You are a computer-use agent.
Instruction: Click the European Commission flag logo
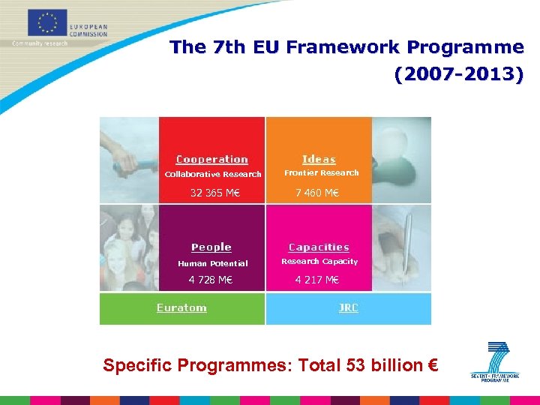[x=47, y=22]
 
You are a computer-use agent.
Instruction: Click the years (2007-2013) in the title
[x=458, y=75]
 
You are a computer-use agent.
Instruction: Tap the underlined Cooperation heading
[x=212, y=159]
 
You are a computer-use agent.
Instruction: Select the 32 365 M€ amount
[x=214, y=193]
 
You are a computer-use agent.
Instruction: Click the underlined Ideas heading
[x=319, y=159]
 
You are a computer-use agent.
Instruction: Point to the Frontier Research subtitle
[x=321, y=173]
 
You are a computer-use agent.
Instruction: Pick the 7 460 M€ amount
[x=316, y=193]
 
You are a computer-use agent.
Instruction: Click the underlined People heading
[x=211, y=247]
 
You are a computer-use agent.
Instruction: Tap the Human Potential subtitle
[x=212, y=263]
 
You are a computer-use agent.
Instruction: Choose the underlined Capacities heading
[x=319, y=247]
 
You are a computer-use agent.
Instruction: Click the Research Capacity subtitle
[x=319, y=262]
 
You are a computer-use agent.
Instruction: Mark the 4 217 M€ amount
[x=316, y=280]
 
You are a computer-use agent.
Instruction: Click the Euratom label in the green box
[x=181, y=307]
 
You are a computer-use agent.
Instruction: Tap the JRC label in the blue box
[x=348, y=307]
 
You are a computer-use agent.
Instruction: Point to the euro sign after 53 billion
[x=433, y=366]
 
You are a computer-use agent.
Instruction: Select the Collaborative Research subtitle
[x=213, y=174]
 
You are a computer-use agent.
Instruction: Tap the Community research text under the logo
[x=40, y=43]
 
